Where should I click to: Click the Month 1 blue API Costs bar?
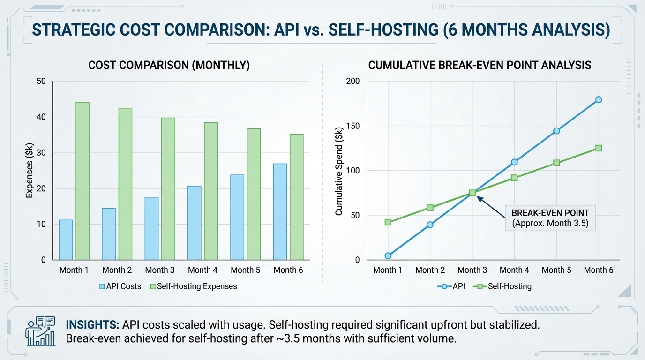click(x=66, y=240)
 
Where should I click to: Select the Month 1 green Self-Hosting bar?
click(x=82, y=181)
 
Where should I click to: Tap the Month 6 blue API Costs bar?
click(x=280, y=211)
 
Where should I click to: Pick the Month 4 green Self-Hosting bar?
click(x=210, y=191)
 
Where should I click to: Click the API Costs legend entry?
click(x=120, y=286)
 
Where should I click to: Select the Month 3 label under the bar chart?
click(x=160, y=270)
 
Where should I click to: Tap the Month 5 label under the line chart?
click(x=556, y=270)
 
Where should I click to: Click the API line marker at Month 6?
click(x=599, y=99)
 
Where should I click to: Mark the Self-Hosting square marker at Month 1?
click(x=388, y=222)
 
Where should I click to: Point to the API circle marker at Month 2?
click(x=430, y=225)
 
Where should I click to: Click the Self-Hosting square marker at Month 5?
click(x=556, y=163)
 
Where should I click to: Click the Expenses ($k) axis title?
click(x=29, y=171)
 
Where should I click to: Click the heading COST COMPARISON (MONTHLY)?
click(x=169, y=66)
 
